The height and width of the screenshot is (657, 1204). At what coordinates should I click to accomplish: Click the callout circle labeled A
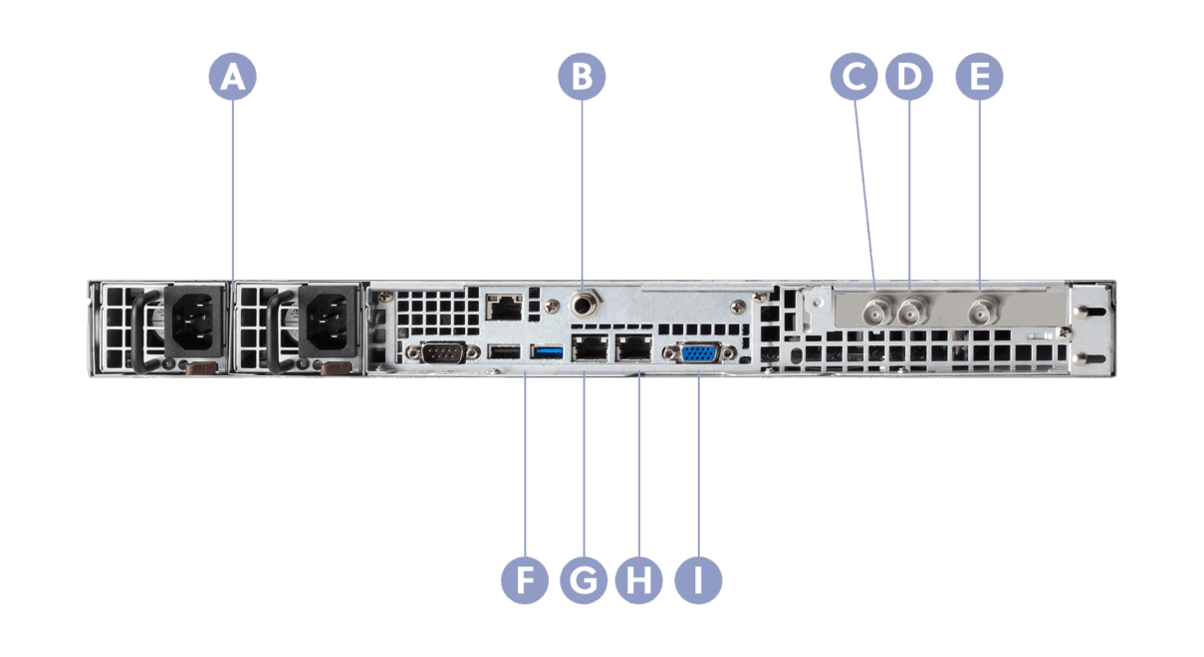232,76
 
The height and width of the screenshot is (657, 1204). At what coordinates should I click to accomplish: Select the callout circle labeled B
582,76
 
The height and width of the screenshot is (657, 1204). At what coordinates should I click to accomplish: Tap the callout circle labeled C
854,76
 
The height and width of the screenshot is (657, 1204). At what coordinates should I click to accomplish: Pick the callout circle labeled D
909,76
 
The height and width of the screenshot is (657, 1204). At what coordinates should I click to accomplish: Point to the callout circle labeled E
979,76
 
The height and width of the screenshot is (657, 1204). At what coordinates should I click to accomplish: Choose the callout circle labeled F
525,578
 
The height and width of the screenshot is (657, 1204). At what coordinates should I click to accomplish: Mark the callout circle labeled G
583,578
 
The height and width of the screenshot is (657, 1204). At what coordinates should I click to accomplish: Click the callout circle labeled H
639,578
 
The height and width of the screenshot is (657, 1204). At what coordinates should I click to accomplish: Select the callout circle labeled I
698,578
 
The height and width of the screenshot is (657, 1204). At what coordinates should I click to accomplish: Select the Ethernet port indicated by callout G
588,348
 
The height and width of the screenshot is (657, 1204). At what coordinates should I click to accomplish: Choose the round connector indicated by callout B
582,298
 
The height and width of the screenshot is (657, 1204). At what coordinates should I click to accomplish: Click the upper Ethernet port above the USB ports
504,305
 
